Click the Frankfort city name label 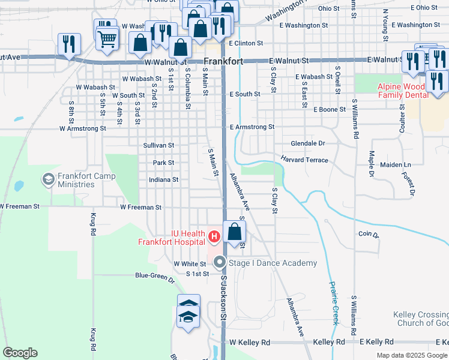tap(223, 61)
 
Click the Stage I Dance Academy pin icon tap(220, 262)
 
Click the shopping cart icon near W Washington tap(107, 39)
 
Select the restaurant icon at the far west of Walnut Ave tap(68, 44)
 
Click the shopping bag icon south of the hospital tap(235, 230)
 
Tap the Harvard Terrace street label tap(305, 160)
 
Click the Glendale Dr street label tap(307, 144)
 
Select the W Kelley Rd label tap(250, 342)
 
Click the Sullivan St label tap(158, 145)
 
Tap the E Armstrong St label tap(252, 127)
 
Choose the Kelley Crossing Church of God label tap(420, 319)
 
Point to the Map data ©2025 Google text tap(412, 355)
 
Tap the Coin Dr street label tap(369, 234)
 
